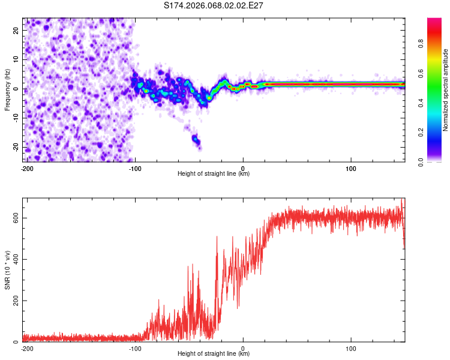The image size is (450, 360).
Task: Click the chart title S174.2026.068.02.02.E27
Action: point(214,5)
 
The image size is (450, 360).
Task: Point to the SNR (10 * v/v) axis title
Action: point(8,270)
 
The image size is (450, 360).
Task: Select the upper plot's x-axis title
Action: point(214,174)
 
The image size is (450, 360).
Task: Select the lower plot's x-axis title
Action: point(214,354)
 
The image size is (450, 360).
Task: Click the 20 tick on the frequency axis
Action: point(16,30)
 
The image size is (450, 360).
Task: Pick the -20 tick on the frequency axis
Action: point(15,148)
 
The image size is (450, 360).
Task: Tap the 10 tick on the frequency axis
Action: point(16,59)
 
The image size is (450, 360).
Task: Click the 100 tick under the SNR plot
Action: point(351,348)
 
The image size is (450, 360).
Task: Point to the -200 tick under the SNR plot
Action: point(27,348)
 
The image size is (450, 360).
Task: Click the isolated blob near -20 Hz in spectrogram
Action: point(196,139)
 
